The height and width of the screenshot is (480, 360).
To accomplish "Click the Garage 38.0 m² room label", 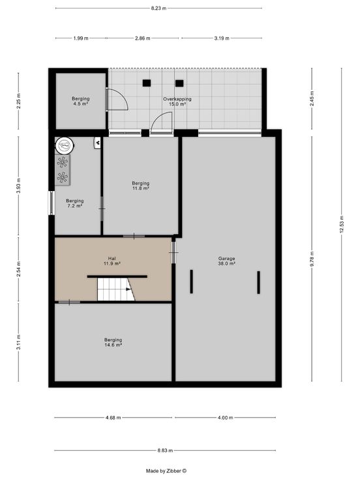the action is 226,261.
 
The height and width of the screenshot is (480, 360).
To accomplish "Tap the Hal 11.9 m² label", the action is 112,261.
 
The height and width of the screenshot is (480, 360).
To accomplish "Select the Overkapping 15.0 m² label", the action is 177,101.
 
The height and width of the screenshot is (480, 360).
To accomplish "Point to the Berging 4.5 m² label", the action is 80,101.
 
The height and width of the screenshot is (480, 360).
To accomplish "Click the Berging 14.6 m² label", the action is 113,342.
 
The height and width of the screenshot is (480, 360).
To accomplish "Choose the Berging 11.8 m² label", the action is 140,186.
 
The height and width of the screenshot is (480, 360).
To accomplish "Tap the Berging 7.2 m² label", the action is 75,203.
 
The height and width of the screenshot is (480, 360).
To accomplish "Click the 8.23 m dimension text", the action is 158,8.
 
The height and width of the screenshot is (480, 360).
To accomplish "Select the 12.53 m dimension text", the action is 342,224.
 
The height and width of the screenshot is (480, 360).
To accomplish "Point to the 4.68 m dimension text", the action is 113,417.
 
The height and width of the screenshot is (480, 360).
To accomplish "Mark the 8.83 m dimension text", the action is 165,450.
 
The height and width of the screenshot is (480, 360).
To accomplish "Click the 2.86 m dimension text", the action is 143,38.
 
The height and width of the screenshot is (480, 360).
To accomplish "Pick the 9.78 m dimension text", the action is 312,259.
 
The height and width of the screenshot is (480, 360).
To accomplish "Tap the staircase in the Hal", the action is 115,290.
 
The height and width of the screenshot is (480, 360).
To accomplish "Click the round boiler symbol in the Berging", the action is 65,145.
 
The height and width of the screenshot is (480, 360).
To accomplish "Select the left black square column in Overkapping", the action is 147,83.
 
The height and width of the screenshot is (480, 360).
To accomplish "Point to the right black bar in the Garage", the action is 259,282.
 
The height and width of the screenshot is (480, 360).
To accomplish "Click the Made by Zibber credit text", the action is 166,471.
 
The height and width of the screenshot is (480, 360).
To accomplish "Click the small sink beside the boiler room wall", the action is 97,143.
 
